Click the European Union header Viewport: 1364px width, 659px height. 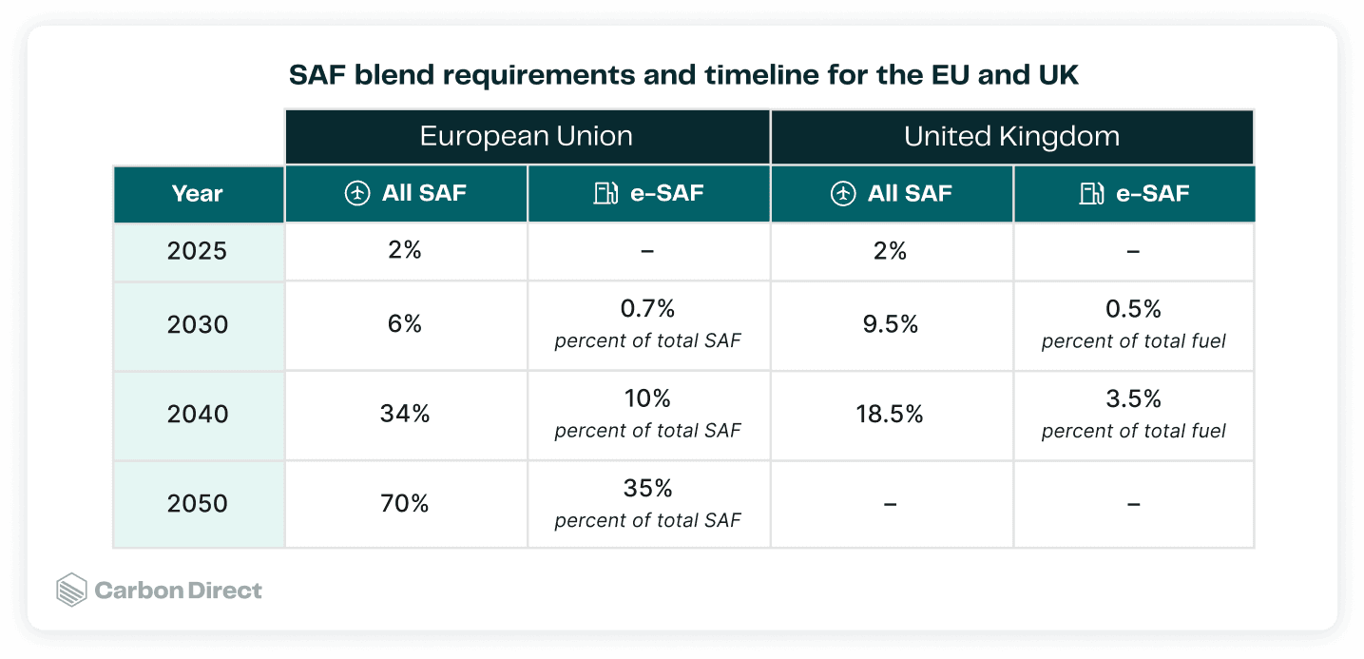point(527,136)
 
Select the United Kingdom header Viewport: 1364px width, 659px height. point(1011,136)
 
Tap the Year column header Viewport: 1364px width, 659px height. point(198,194)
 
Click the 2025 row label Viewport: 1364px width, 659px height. point(198,251)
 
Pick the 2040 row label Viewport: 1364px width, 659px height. point(198,415)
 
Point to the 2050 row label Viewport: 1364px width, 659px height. point(198,504)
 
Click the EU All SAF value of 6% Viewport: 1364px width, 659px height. point(405,323)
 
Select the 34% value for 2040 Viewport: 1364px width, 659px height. point(405,415)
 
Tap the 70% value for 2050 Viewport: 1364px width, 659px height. point(405,504)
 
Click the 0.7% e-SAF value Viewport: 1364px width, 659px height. point(647,309)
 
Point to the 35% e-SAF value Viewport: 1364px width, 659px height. point(647,489)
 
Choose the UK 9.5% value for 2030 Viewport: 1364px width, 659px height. point(891,324)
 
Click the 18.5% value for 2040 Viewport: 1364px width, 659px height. point(890,415)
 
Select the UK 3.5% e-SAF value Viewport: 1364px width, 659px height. point(1133,399)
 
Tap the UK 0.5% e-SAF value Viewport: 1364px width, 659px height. point(1133,309)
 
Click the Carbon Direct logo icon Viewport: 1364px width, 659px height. point(72,590)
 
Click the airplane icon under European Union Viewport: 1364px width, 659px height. point(357,193)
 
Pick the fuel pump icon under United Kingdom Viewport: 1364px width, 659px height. point(1091,193)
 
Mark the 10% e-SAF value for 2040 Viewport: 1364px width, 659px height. point(647,399)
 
